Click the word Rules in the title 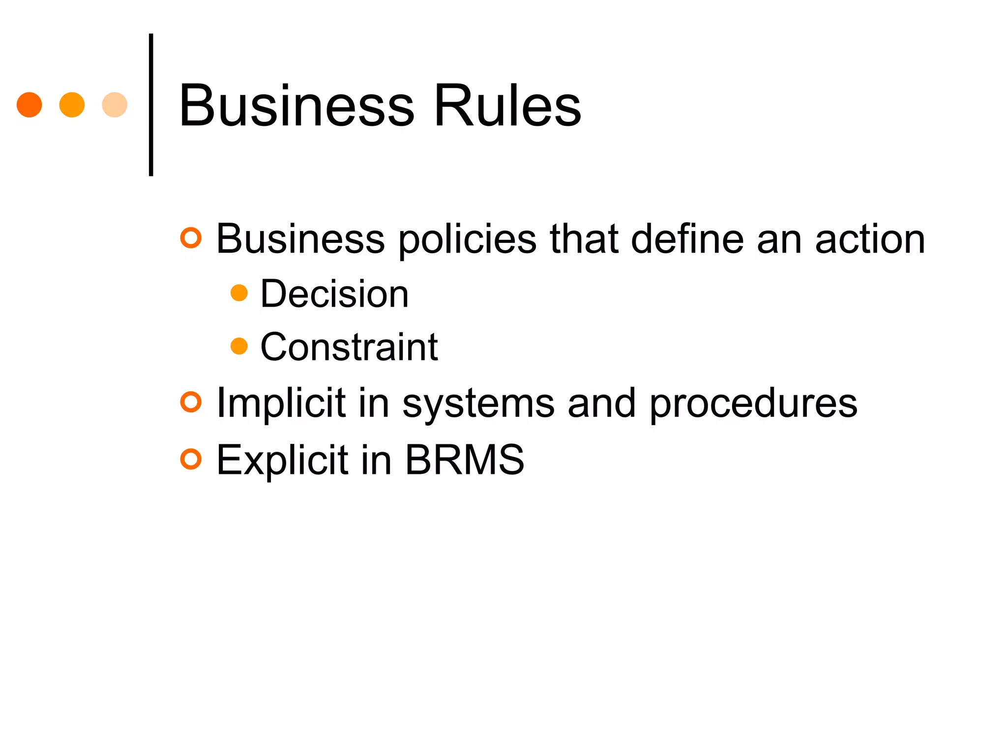coord(507,106)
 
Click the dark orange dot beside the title coord(29,105)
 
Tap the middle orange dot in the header coord(72,105)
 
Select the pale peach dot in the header coord(115,105)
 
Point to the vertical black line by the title coord(151,105)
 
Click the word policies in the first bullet coord(467,239)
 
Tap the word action coord(870,239)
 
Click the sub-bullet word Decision coord(334,294)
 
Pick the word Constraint coord(349,347)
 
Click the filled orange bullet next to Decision coord(239,293)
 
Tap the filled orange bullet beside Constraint coord(239,346)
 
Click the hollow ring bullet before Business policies coord(191,238)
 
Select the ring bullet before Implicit coord(191,402)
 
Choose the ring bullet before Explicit coord(191,459)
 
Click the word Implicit coord(281,403)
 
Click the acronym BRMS coord(465,460)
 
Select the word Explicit coord(282,460)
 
